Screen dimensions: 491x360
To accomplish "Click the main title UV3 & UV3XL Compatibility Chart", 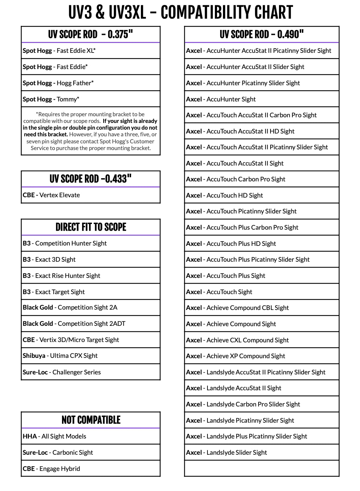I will [180, 13].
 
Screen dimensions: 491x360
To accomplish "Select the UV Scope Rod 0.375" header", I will [91, 35].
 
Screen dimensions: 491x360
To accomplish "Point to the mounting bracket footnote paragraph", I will [91, 131].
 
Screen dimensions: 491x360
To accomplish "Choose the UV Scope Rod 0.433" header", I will [91, 179].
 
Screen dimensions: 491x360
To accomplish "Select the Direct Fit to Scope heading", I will [91, 227].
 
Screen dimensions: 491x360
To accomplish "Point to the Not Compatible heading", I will [91, 420].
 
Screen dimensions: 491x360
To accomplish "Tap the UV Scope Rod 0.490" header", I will [262, 35].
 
